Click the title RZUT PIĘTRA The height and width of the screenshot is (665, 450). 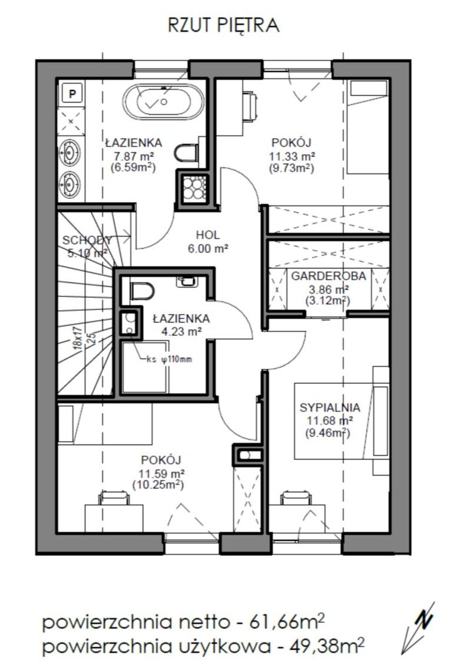(x=223, y=26)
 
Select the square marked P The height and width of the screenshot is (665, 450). (x=72, y=93)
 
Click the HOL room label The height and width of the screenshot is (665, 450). (x=208, y=235)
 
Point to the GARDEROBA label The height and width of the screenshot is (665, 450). (x=329, y=276)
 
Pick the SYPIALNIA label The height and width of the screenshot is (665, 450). (x=330, y=408)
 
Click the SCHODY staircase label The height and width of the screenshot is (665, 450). (x=87, y=241)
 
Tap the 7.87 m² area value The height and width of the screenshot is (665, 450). (x=133, y=155)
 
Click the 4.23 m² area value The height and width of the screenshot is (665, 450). (x=181, y=332)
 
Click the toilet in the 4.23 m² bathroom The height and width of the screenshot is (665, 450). (x=142, y=291)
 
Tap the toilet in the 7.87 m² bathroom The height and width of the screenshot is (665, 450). (x=186, y=152)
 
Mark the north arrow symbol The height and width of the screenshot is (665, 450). (x=418, y=628)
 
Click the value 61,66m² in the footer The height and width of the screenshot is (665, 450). (x=287, y=623)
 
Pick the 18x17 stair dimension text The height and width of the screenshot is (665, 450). (x=78, y=338)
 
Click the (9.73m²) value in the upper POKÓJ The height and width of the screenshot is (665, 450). (x=292, y=168)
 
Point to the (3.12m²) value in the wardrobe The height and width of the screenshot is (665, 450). (x=327, y=301)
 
